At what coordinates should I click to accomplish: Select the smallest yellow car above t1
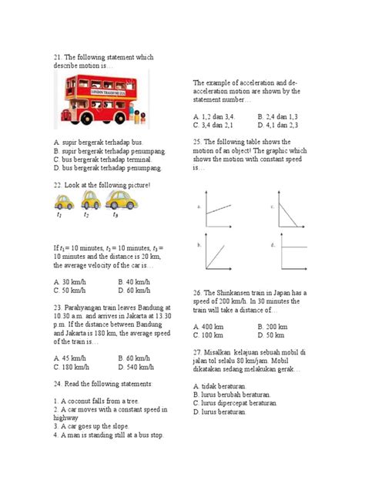[x=63, y=203]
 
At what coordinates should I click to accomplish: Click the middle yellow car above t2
[x=90, y=202]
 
